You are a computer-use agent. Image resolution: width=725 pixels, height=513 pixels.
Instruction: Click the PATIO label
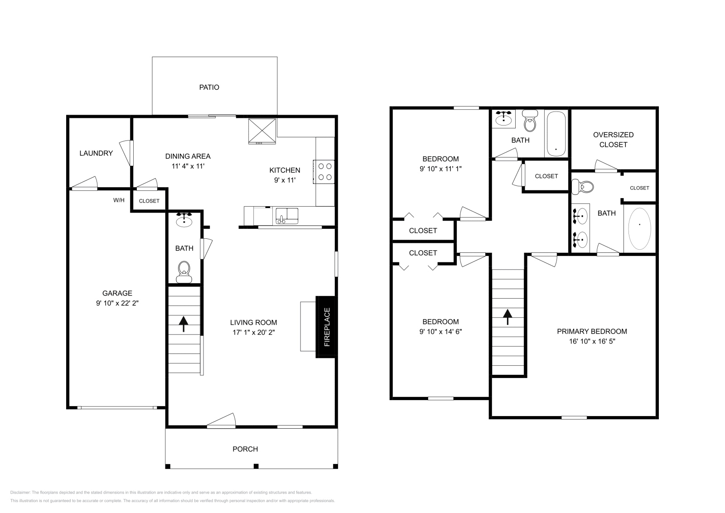click(x=209, y=87)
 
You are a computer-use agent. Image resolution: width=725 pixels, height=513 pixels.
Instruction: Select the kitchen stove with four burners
click(x=324, y=172)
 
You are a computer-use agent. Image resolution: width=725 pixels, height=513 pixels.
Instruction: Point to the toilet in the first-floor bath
click(x=184, y=271)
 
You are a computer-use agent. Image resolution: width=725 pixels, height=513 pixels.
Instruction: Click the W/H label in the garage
click(x=119, y=200)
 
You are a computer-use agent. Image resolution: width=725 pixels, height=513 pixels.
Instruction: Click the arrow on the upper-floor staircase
click(x=507, y=316)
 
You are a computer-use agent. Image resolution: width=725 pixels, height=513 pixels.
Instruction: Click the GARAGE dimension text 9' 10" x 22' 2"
click(x=117, y=303)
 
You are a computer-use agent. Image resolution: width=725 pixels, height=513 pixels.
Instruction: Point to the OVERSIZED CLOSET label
click(x=613, y=140)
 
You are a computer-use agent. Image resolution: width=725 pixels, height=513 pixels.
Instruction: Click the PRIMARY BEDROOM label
click(x=592, y=331)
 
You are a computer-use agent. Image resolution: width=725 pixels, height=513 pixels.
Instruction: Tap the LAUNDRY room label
click(x=96, y=153)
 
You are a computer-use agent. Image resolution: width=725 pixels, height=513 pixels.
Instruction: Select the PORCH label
click(x=245, y=449)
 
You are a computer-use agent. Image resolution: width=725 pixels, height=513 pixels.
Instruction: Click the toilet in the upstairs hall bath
click(x=529, y=120)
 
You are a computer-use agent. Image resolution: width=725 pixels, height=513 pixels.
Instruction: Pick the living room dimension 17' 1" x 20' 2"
click(x=253, y=332)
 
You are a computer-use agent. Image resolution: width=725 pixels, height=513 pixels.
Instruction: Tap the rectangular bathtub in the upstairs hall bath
click(x=556, y=133)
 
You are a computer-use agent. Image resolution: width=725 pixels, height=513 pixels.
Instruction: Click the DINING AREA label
click(x=188, y=156)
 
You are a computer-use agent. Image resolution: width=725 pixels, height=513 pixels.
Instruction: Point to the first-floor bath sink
click(x=184, y=220)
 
